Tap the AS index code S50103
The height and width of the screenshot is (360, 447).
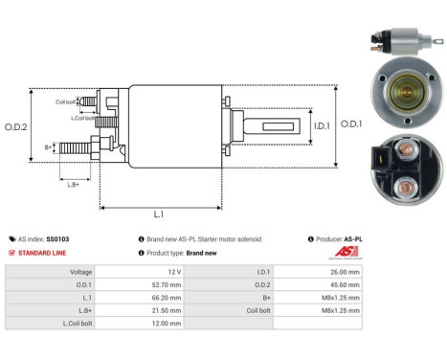point(56,238)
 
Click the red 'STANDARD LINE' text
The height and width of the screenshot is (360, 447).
point(39,253)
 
